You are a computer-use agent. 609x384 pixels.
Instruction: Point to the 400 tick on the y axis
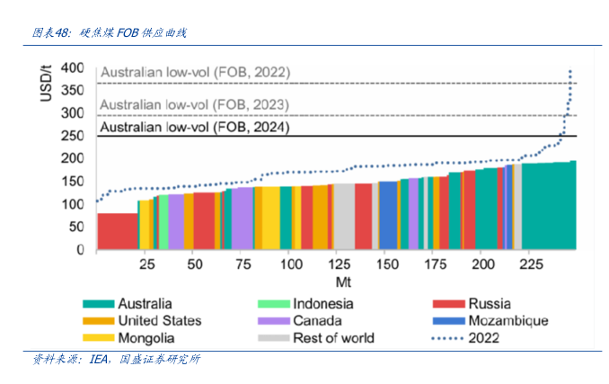click(x=72, y=68)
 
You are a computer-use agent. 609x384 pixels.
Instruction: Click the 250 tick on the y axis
click(x=72, y=136)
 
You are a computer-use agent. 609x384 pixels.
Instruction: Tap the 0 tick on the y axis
click(x=80, y=249)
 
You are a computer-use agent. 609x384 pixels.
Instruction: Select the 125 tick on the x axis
click(x=339, y=266)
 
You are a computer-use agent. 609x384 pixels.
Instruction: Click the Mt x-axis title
click(x=331, y=281)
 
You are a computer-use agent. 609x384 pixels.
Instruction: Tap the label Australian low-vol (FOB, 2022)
click(x=195, y=73)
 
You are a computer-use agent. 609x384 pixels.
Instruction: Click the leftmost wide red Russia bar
click(x=117, y=231)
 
